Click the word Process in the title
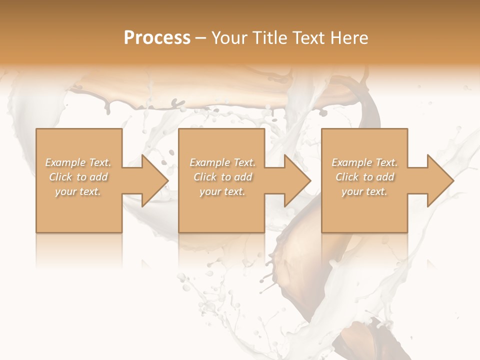157,38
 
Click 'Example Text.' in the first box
78,162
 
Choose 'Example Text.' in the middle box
222,162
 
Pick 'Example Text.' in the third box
365,162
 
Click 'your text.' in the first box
78,191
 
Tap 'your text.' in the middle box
222,191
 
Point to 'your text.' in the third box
364,191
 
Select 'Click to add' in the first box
78,177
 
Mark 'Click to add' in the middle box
222,177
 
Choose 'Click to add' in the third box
365,177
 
